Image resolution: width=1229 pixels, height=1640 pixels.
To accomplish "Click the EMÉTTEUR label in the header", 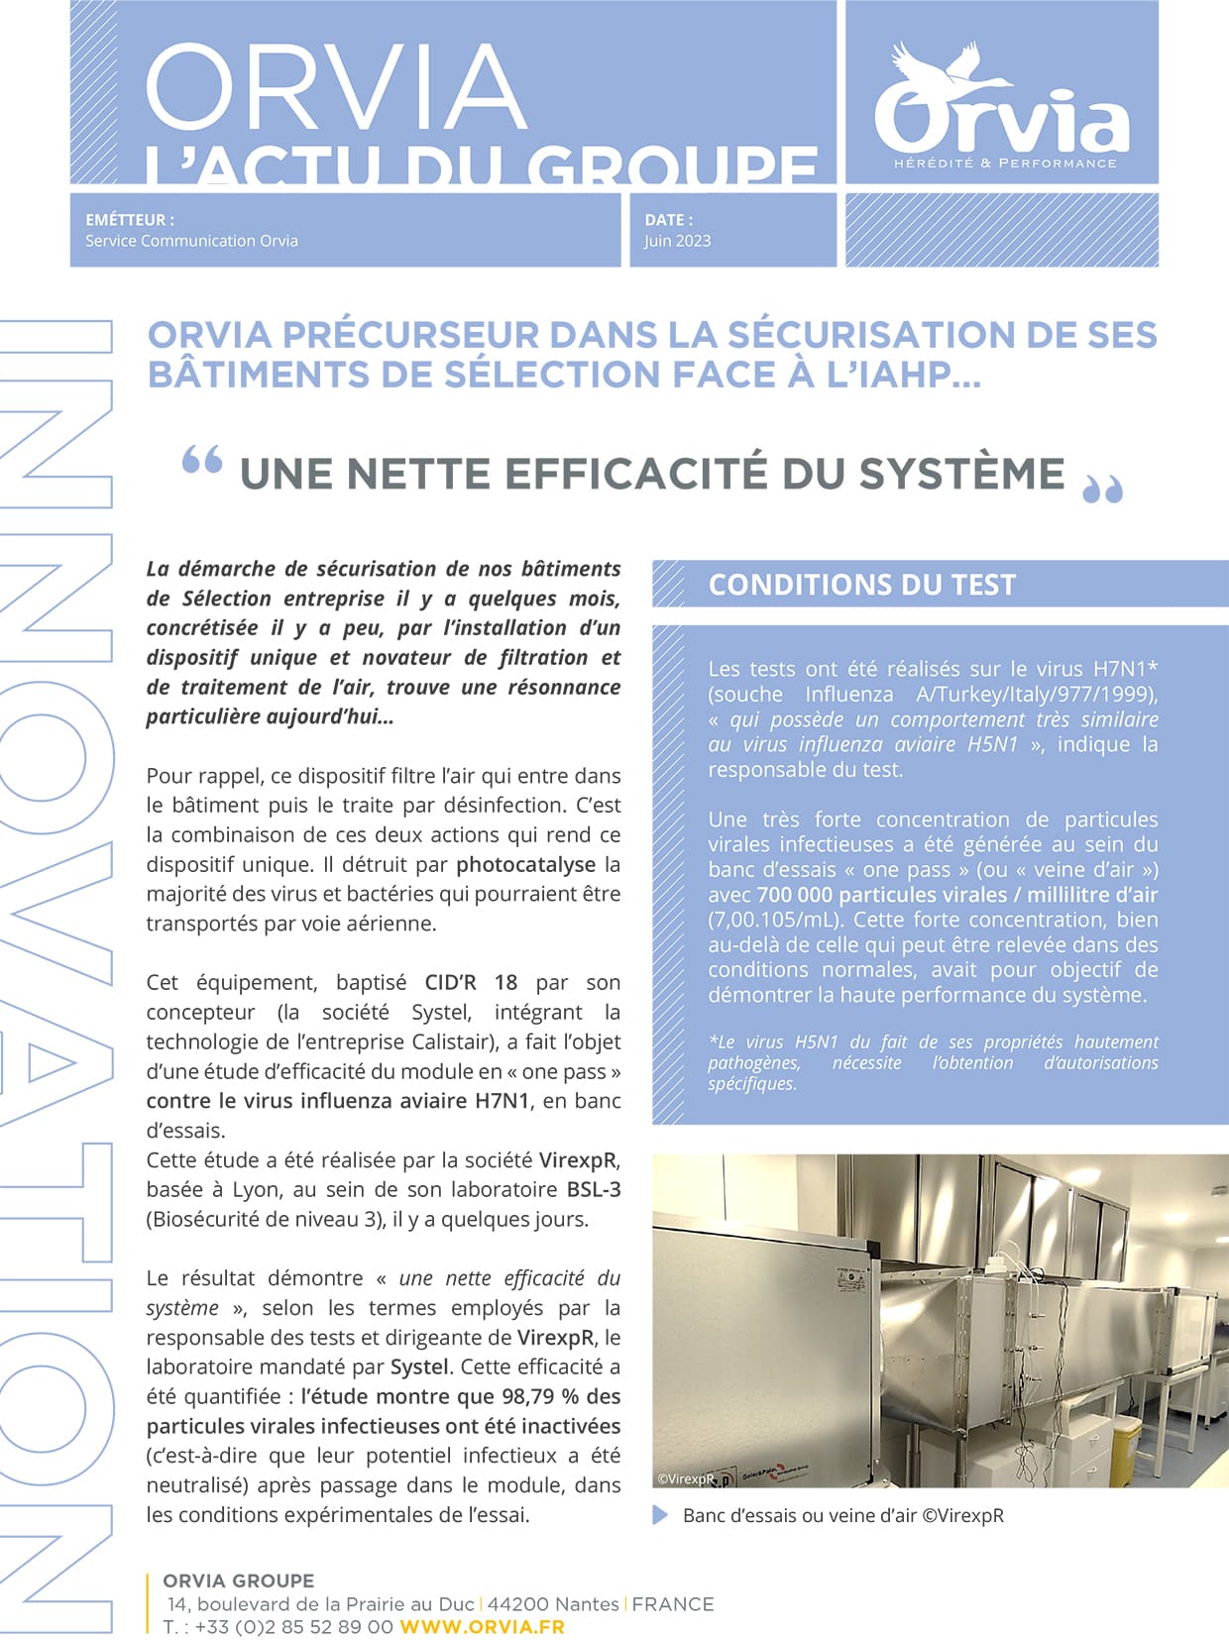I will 130,220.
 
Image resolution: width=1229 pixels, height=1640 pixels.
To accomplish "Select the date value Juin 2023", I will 677,241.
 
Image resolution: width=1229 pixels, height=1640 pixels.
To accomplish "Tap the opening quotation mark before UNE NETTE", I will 202,462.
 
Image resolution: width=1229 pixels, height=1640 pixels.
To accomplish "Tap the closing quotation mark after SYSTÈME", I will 1102,489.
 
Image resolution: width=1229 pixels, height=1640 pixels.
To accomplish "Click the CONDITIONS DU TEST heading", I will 862,585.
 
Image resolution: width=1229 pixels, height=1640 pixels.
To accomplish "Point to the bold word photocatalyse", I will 525,865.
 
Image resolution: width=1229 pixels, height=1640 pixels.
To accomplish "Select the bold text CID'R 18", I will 471,983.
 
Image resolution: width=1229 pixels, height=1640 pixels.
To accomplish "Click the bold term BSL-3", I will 594,1190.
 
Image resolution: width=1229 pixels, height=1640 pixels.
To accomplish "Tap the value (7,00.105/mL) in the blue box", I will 775,920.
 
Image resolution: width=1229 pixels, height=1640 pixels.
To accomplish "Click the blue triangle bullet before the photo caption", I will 660,1515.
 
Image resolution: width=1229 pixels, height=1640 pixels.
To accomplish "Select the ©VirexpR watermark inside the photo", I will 686,1478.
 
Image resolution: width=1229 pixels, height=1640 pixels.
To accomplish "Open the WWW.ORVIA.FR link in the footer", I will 482,1627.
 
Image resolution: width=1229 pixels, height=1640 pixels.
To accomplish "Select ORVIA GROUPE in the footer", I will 238,1581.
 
